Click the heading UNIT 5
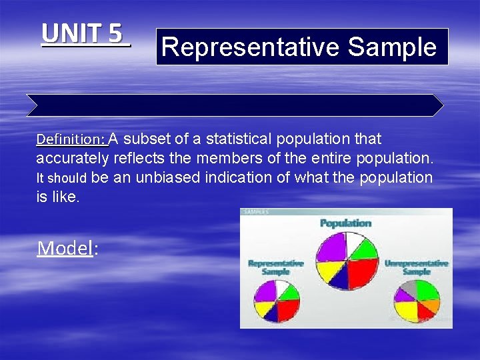[85, 33]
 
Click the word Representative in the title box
[251, 47]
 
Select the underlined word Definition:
[71, 140]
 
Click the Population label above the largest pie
[345, 223]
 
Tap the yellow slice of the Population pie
[327, 269]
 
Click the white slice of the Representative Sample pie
[283, 287]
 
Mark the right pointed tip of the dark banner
[443, 105]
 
